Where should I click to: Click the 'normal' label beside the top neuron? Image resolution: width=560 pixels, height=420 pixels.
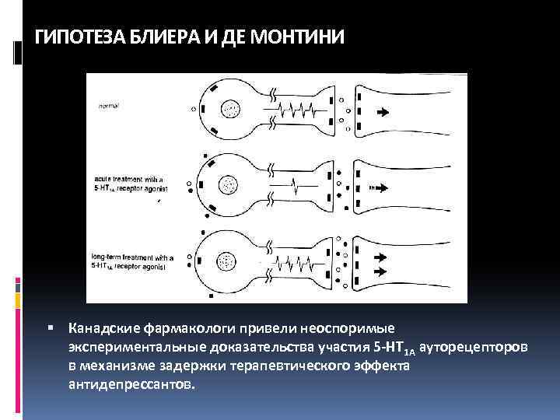108,103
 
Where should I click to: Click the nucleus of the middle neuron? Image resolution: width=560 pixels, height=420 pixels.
229,185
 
